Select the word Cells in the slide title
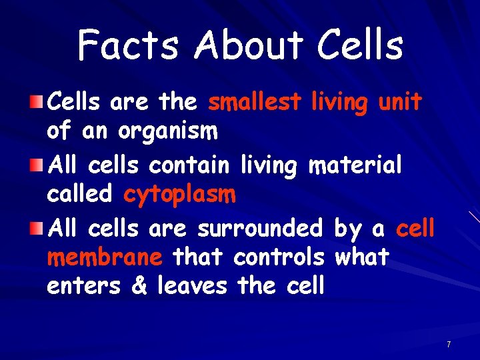coord(360,46)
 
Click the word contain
coord(189,165)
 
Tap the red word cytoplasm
coord(179,195)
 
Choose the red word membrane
coord(105,257)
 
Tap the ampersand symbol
coord(139,286)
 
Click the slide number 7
coord(449,345)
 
